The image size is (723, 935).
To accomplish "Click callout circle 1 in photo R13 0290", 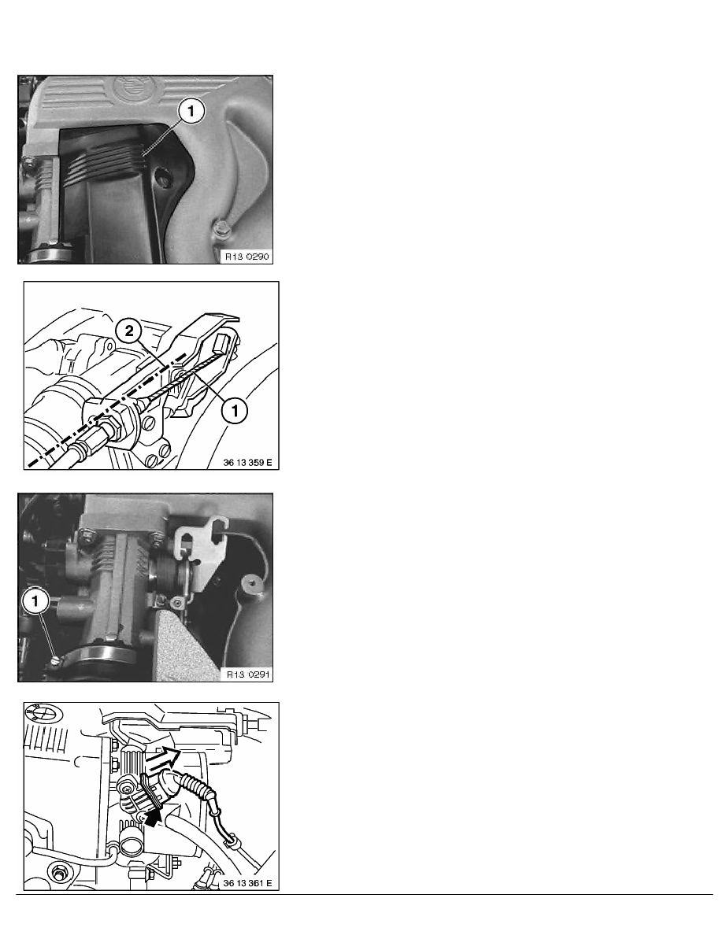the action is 191,111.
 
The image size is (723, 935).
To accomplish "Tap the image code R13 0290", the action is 247,257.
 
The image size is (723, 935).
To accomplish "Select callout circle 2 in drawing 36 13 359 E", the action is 129,331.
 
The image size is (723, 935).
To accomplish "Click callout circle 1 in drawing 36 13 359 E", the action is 235,411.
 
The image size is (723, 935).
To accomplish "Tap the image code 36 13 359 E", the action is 247,462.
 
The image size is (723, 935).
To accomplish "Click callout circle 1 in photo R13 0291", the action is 35,601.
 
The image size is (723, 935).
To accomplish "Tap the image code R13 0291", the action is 247,674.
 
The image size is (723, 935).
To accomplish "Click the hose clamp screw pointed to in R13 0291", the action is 56,660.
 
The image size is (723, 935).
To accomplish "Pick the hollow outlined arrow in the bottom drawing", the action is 163,758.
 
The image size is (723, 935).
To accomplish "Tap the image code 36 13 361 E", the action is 247,882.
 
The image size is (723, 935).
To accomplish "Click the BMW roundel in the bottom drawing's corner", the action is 43,714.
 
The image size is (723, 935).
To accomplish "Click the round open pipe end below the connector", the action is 131,844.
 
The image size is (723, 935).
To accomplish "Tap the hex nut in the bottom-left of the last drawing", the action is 57,872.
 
